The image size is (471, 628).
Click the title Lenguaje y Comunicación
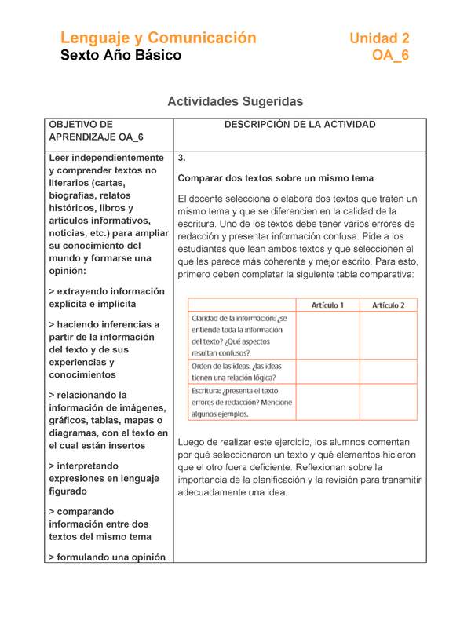click(159, 38)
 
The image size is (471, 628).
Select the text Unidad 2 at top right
click(379, 38)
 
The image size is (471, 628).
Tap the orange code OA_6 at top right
click(390, 55)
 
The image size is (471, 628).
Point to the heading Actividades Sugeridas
click(235, 102)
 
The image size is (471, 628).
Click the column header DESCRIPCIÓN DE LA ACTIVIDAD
click(300, 125)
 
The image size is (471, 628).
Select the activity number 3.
click(182, 157)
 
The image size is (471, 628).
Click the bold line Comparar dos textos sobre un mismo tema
click(276, 178)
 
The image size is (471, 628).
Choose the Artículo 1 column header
click(327, 305)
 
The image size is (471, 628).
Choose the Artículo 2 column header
click(388, 305)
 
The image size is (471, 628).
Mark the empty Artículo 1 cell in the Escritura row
click(327, 402)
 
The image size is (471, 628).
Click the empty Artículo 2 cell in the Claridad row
click(388, 335)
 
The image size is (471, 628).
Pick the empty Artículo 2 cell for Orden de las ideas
click(388, 371)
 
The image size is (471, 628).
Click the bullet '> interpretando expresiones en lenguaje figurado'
click(108, 478)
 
